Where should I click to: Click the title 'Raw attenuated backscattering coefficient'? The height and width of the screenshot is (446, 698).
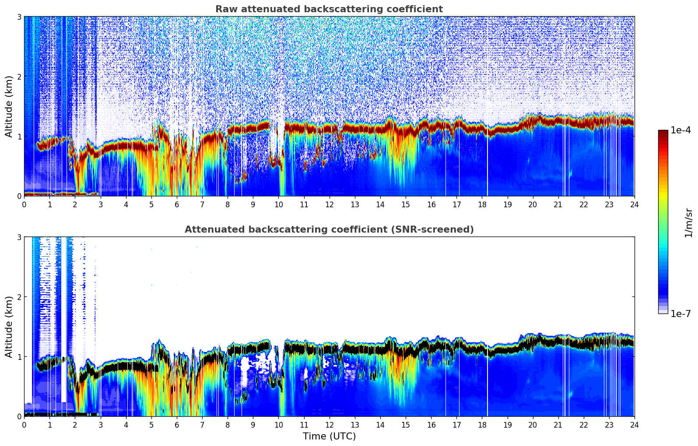pos(329,9)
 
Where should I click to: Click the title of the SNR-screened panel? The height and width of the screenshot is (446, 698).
pos(329,230)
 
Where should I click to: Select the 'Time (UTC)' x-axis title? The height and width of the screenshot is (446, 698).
pos(329,436)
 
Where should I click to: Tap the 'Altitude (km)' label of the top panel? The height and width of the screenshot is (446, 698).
pos(9,106)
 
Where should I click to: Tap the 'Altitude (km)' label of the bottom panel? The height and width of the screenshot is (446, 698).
pos(9,327)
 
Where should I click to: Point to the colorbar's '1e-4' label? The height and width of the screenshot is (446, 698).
pos(680,130)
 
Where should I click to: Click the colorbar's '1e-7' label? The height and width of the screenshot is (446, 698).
pos(680,314)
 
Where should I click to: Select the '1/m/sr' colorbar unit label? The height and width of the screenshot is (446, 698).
pos(688,222)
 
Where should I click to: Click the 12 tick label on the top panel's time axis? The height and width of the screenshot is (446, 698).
pos(329,204)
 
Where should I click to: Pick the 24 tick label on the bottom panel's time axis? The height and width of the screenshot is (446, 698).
pos(634,425)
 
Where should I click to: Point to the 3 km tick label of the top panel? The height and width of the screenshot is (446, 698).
pos(19,17)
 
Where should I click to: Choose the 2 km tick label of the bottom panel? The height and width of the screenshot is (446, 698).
pos(19,297)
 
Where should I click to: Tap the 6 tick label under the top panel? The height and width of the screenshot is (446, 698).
pos(177,204)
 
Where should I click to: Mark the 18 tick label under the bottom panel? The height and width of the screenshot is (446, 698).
pos(482,425)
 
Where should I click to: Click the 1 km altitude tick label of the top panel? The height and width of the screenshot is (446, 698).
pos(19,136)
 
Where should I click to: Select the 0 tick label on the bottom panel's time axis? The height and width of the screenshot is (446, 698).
pos(24,425)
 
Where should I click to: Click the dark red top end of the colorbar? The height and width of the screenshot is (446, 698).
pos(663,132)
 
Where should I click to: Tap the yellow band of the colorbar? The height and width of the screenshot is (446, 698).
pos(663,192)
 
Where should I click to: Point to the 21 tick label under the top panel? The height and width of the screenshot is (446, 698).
pos(558,204)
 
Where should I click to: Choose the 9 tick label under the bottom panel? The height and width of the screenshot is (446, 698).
pos(253,425)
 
